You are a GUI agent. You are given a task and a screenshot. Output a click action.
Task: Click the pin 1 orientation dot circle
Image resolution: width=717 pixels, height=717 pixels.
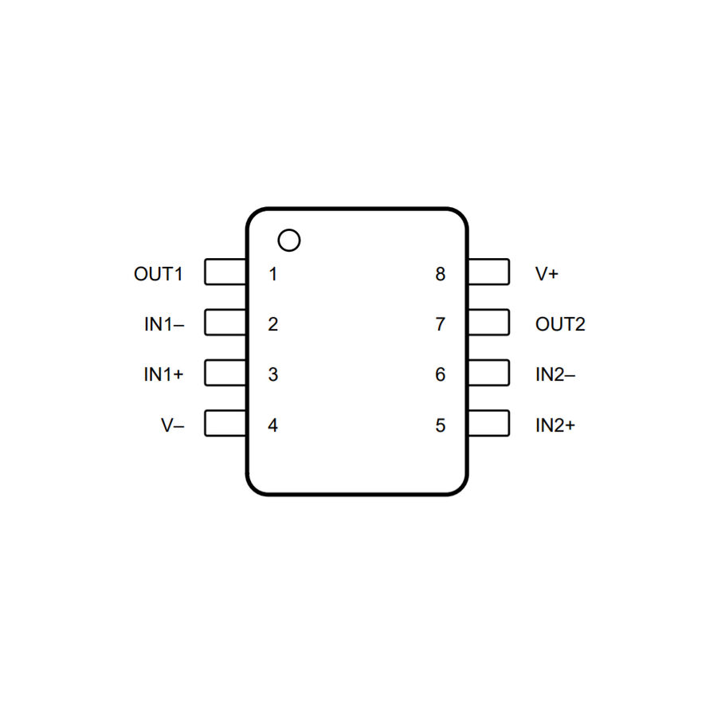[289, 229]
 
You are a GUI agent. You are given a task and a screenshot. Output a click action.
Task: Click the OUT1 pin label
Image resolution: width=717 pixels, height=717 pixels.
[159, 274]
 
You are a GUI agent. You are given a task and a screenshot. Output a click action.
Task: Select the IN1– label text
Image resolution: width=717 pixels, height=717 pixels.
[164, 324]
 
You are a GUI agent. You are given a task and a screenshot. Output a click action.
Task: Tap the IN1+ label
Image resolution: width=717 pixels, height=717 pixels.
[163, 374]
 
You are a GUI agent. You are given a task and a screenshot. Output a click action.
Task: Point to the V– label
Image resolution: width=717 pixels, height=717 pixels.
[172, 425]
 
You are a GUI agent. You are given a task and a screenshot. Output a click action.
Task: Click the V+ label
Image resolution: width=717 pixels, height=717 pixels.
[547, 274]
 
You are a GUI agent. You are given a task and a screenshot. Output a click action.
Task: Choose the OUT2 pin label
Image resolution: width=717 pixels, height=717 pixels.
[560, 324]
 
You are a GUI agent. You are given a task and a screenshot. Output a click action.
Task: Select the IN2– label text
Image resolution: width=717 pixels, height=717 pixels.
[555, 374]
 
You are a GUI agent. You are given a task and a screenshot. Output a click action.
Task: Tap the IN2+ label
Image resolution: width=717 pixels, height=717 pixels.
[555, 425]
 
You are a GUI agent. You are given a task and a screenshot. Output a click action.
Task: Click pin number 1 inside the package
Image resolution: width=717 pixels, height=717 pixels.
[273, 274]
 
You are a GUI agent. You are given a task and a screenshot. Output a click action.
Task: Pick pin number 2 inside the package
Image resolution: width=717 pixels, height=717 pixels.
[273, 324]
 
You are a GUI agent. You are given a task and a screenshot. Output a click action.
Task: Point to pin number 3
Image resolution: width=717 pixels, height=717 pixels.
[273, 374]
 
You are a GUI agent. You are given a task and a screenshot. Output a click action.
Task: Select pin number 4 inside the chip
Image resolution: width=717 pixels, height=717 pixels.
[273, 425]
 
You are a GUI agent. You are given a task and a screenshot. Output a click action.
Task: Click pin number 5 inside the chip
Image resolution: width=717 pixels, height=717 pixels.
[441, 425]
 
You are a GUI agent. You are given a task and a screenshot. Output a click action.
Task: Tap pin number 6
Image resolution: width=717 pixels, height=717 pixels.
[441, 374]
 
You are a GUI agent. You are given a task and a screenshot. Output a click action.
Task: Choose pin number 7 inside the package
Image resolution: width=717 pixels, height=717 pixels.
[441, 324]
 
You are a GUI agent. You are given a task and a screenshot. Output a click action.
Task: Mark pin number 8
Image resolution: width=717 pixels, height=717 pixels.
[441, 274]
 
